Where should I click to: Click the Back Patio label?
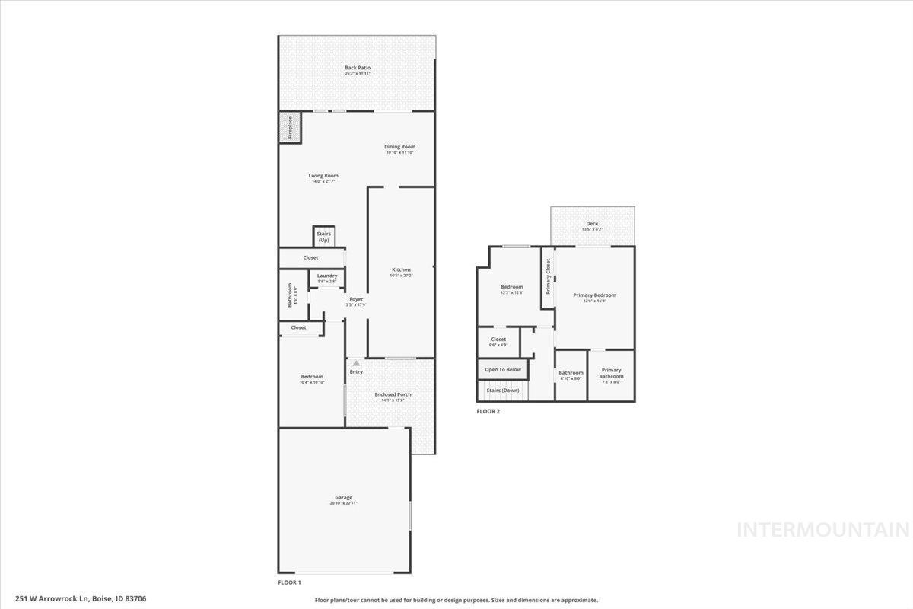tap(358, 69)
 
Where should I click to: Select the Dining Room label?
tap(399, 147)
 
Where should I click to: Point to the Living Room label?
tap(323, 176)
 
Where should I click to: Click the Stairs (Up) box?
tap(323, 236)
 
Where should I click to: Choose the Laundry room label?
tap(327, 276)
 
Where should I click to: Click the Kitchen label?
tap(401, 270)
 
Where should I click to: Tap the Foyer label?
tap(356, 299)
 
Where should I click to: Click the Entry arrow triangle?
tap(355, 363)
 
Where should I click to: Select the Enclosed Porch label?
tap(393, 394)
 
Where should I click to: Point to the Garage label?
tap(343, 498)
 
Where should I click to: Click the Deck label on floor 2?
tap(592, 224)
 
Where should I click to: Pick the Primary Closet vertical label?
tap(548, 276)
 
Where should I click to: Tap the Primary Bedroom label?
tap(594, 295)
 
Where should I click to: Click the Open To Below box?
tap(503, 369)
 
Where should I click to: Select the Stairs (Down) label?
tap(503, 391)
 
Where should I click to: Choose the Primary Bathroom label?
tap(611, 373)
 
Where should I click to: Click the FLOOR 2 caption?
tap(488, 411)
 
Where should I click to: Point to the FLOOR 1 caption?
tap(289, 582)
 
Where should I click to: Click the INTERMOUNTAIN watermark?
tap(822, 529)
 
